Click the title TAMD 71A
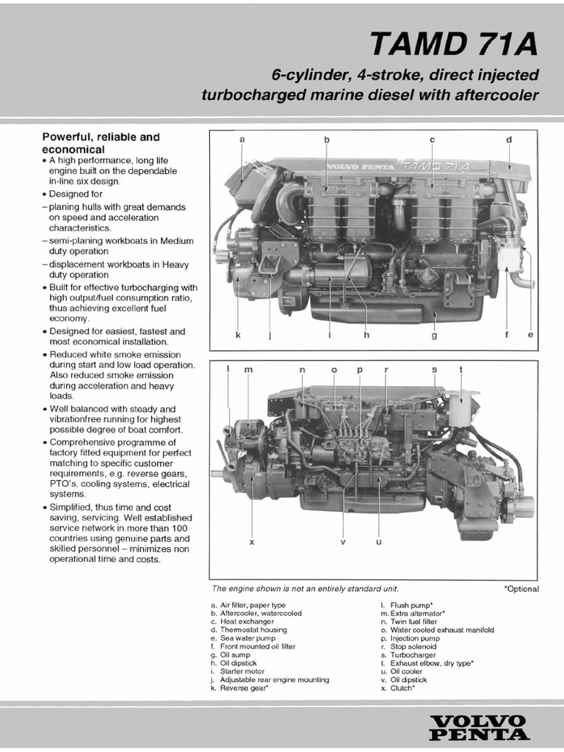(453, 45)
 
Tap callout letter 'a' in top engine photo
(242, 140)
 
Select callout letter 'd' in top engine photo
(508, 140)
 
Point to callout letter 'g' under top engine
(434, 336)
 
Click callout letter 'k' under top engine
(238, 336)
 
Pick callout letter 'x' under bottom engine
(252, 542)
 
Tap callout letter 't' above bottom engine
(460, 370)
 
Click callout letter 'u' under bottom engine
(379, 542)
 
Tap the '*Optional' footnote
(521, 589)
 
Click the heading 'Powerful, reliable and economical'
(101, 142)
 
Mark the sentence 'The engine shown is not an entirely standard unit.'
(305, 588)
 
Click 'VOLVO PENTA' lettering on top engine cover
(360, 167)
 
